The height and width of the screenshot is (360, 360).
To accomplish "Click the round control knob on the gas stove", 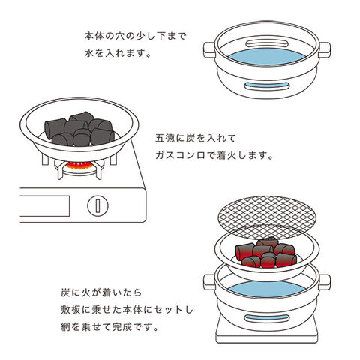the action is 97,205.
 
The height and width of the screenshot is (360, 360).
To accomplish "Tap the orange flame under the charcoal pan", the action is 79,165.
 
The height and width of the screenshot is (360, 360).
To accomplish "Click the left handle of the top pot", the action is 209,50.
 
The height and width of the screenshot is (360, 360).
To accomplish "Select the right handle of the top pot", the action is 325,50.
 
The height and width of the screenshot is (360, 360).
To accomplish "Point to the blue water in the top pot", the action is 267,57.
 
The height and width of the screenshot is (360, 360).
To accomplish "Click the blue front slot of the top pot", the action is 267,85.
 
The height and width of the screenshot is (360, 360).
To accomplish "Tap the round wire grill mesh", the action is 267,217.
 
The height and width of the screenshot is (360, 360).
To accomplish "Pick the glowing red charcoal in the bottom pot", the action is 266,253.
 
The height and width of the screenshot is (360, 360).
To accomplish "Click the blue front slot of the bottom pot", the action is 267,318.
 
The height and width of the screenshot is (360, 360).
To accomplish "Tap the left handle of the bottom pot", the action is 209,282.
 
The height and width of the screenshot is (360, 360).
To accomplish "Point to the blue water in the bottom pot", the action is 267,289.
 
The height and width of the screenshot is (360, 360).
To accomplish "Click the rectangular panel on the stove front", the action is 44,206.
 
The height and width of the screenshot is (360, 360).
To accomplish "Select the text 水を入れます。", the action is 118,53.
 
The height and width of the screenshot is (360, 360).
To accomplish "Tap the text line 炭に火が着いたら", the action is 101,292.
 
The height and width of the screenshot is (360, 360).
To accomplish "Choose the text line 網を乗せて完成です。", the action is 109,326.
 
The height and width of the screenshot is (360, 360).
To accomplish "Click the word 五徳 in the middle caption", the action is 165,138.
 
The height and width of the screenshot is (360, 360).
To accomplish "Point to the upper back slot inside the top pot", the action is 267,44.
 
